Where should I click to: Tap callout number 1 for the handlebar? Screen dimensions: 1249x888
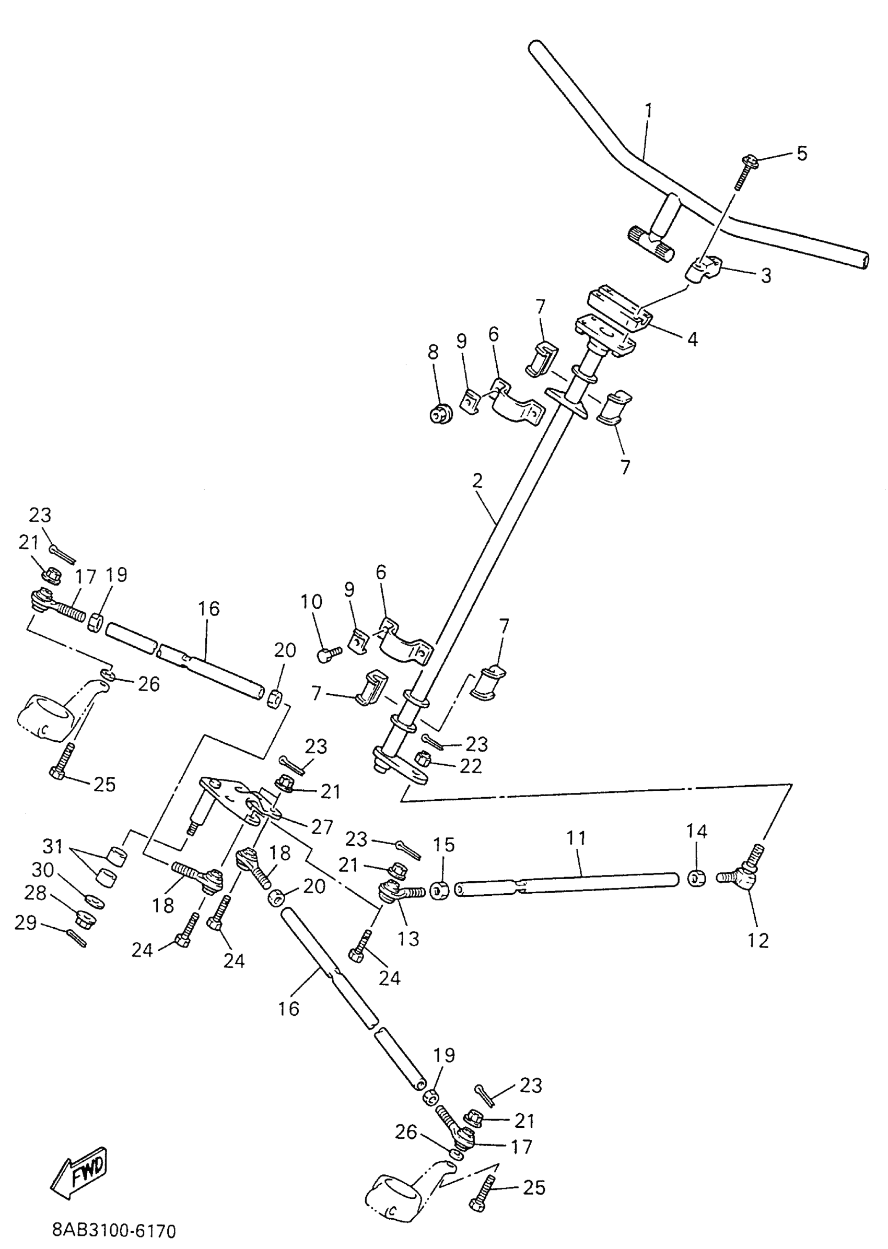649,111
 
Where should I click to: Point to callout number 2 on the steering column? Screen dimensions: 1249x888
477,481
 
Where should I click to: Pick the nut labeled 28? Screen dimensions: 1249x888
86,918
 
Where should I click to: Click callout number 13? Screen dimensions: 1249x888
408,938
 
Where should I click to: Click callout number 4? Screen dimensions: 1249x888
692,339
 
